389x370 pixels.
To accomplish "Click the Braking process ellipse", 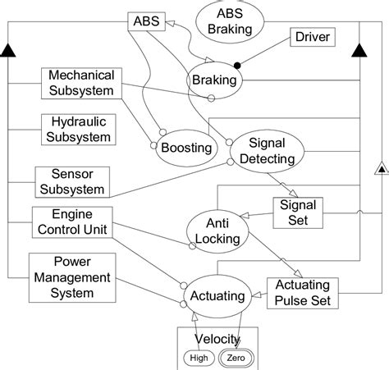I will pos(215,80).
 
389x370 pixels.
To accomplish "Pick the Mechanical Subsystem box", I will pos(80,82).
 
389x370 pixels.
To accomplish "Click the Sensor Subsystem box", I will pos(71,182).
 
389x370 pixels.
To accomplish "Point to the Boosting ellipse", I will pos(184,148).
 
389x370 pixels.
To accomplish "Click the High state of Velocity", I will pos(199,357).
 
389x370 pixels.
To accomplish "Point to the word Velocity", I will pos(217,339).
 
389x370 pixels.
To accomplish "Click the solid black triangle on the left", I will pos(8,52).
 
